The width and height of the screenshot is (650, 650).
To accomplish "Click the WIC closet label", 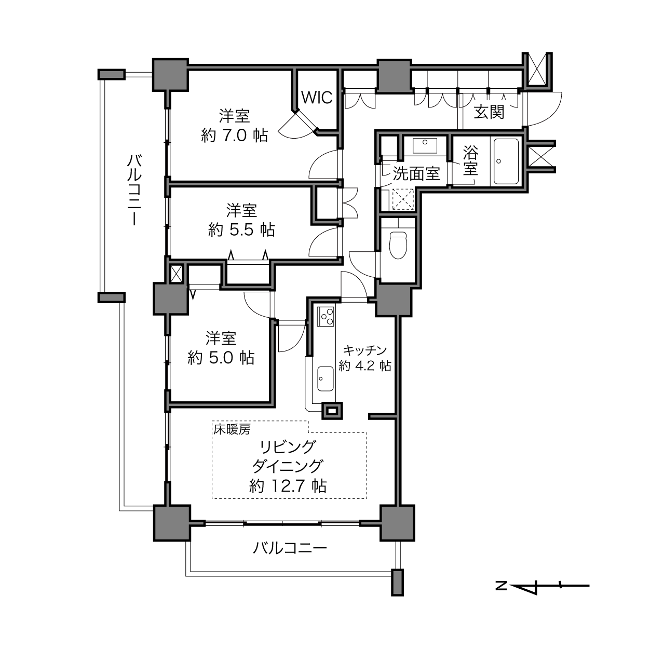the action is pos(317,98).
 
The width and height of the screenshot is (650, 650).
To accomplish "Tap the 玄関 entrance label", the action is pos(489,112).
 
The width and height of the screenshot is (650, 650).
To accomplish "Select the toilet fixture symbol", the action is pos(398,245).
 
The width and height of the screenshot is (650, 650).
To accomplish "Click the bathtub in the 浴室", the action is pos(506,161).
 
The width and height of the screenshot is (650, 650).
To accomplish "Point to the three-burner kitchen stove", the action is pos(326,316).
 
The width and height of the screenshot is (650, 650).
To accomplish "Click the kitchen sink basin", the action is pos(325,379).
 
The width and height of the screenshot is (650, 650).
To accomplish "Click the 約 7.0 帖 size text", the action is pos(235,136).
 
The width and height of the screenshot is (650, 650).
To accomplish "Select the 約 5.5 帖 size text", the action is pos(241,230).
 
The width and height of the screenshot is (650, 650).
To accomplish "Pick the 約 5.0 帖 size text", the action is pos(221,358).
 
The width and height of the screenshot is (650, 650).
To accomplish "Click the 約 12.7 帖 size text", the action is pos(288,486).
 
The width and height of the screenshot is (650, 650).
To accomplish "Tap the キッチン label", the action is pos(364,350).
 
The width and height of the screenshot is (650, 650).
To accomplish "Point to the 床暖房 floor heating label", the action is pos(232,429).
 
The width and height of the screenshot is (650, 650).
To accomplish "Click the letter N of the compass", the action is pos(501,585).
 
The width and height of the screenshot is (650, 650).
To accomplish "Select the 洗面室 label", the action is pos(416,173).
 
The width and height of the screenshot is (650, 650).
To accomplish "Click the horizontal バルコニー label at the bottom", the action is pos(290,548).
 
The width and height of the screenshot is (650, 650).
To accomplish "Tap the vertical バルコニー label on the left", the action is pos(134,190).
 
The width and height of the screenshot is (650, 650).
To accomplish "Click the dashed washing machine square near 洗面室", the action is pos(403,199).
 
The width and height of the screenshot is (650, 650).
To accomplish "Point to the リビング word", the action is pos(288,448).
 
